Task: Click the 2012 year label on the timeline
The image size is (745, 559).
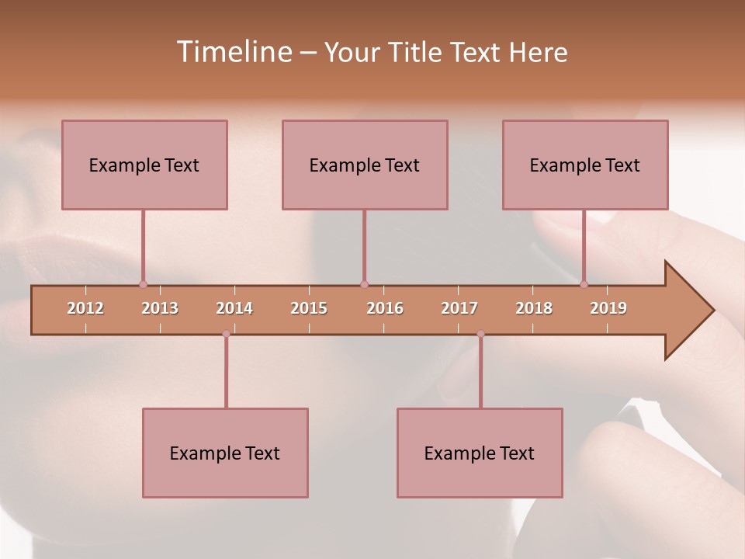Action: click(x=85, y=308)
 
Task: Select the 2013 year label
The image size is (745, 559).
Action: click(x=160, y=308)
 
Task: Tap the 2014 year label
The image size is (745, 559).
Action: click(x=234, y=308)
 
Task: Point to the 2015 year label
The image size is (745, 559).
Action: click(x=309, y=308)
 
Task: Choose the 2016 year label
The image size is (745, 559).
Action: click(x=385, y=308)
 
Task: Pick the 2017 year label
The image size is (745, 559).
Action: click(x=459, y=308)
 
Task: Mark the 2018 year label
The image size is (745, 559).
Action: click(x=534, y=308)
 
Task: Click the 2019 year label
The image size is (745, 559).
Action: click(x=608, y=308)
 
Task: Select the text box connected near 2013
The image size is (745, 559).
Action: click(x=144, y=165)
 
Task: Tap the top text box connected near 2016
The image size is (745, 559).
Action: click(x=365, y=165)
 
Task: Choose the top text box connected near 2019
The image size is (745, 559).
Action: click(x=585, y=165)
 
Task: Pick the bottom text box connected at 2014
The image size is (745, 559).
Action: click(x=225, y=453)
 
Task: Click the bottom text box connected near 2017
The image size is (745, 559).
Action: click(x=480, y=453)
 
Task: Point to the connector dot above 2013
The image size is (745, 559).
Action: click(x=143, y=284)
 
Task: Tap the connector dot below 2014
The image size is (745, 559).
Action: click(x=226, y=334)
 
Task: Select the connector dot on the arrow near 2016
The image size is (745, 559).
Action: click(x=364, y=284)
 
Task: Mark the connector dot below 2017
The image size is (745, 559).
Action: click(x=480, y=334)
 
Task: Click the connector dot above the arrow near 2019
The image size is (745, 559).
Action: click(x=584, y=284)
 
